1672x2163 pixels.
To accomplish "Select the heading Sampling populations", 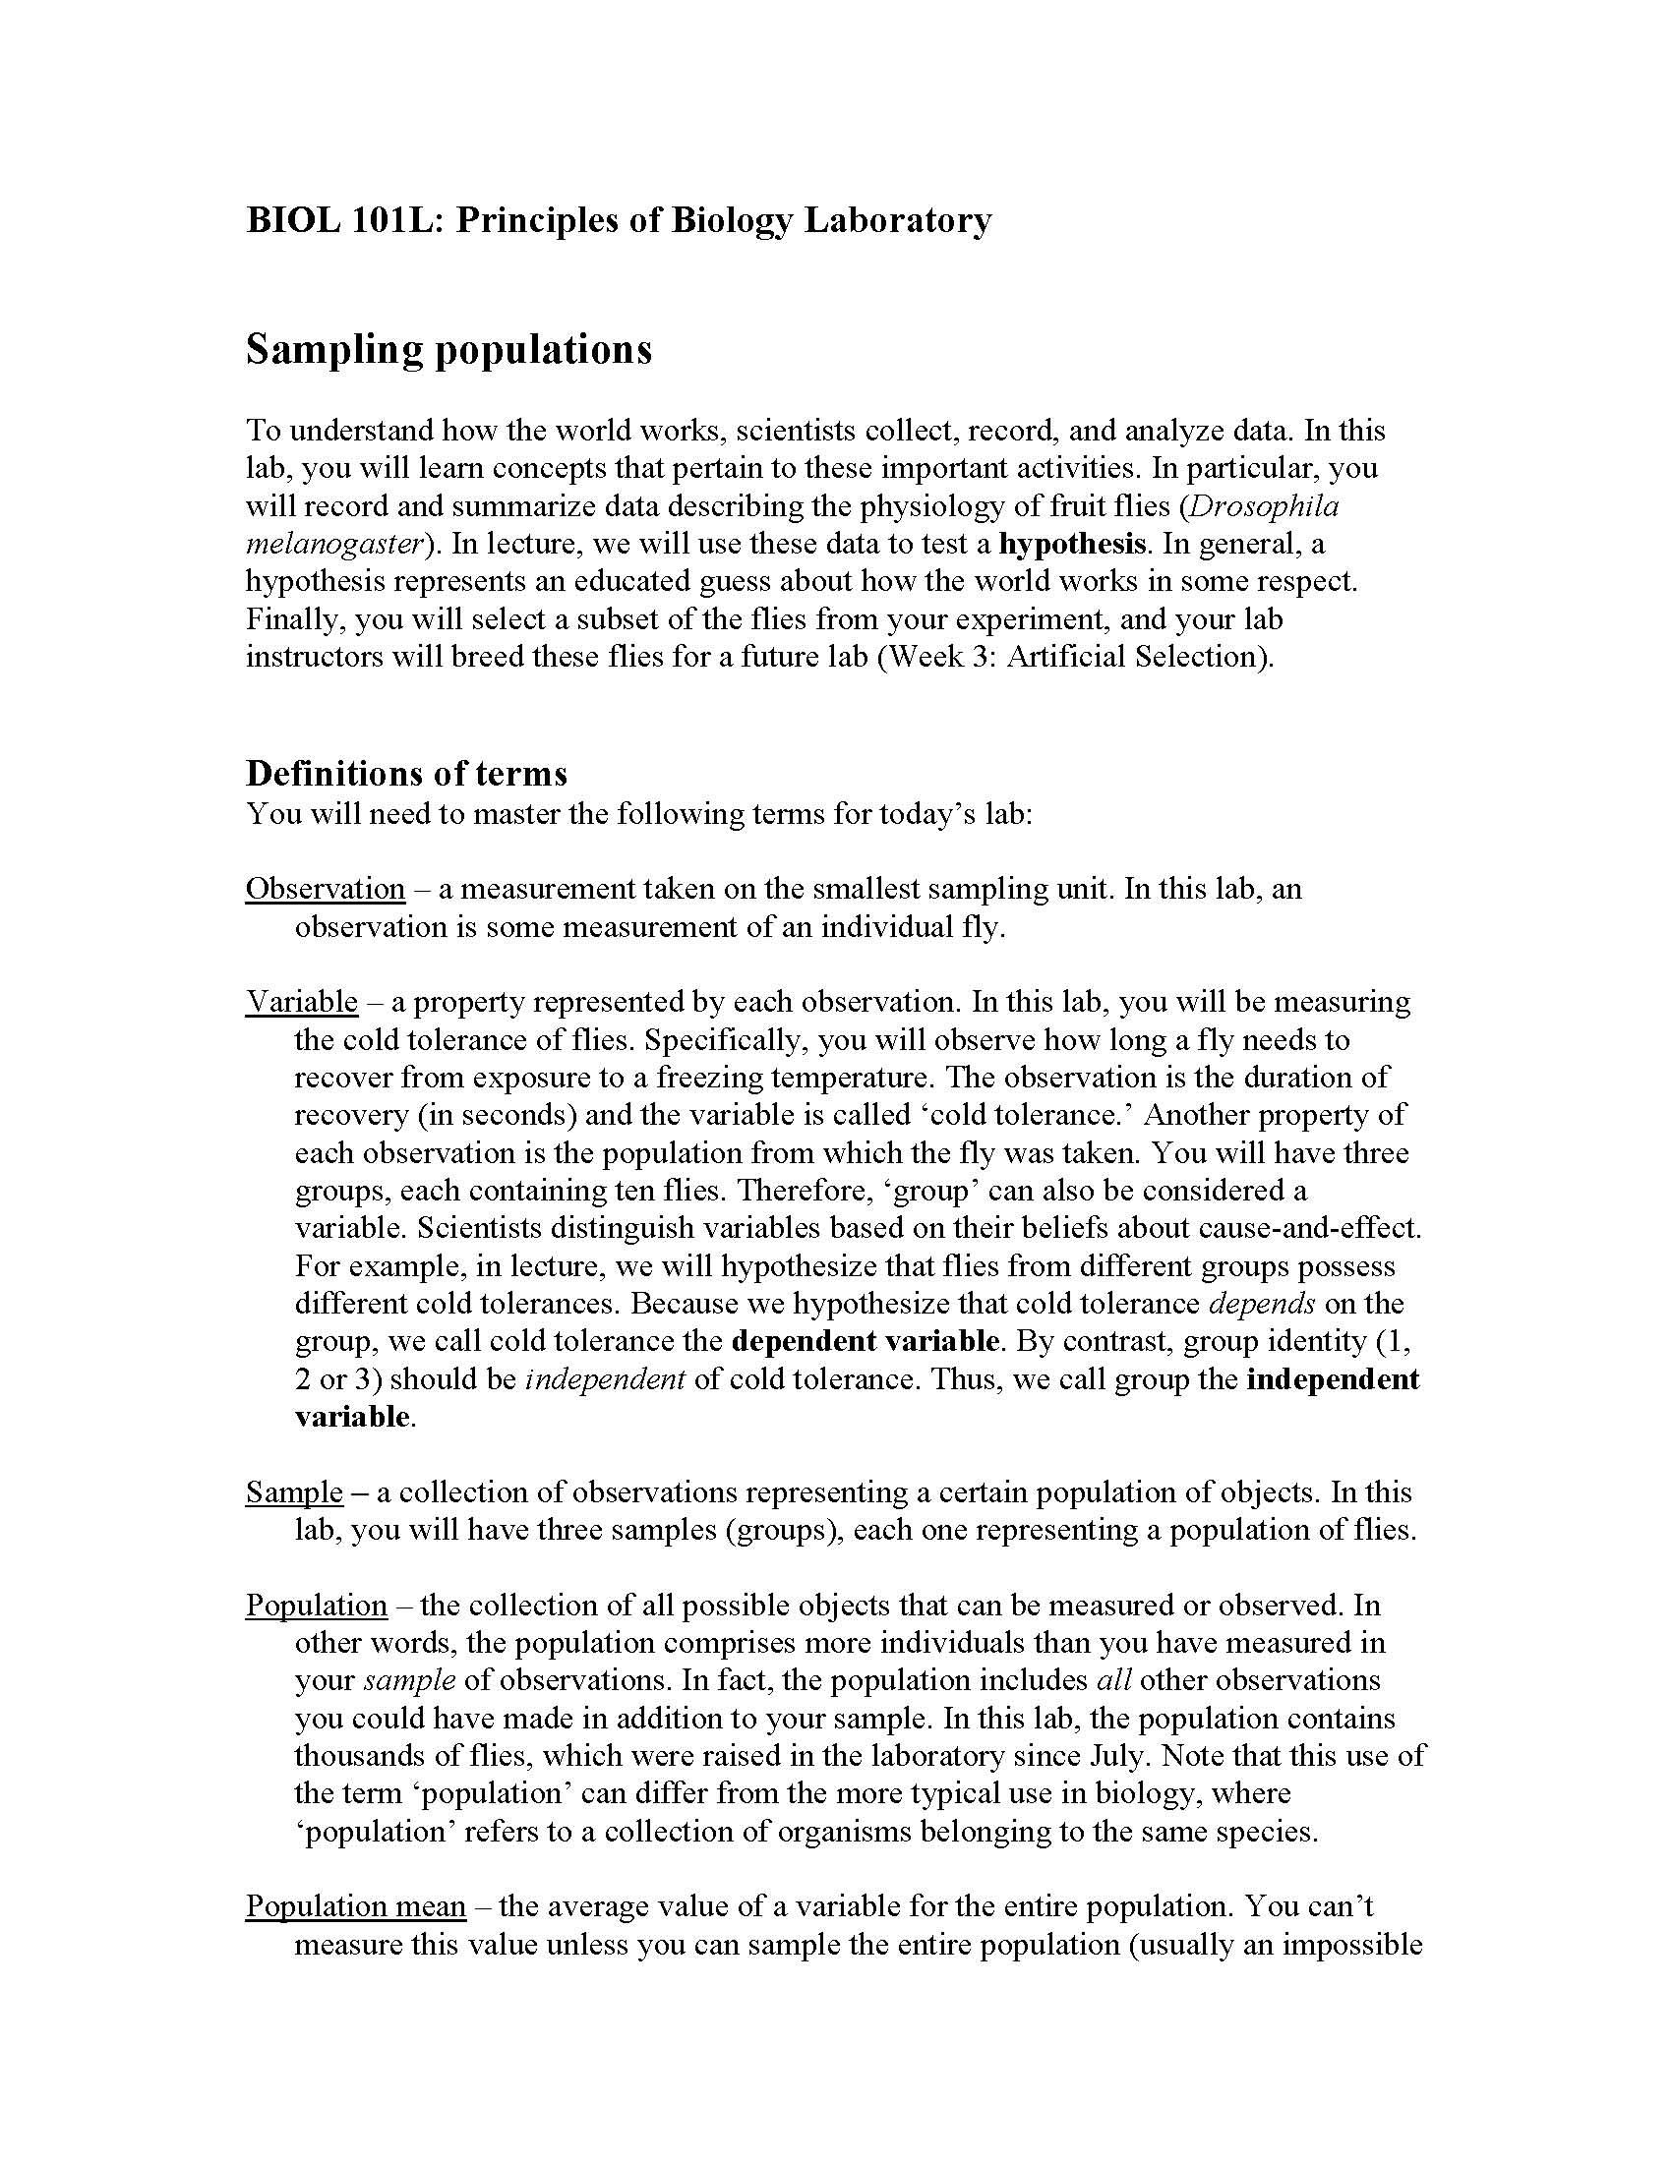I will pyautogui.click(x=448, y=350).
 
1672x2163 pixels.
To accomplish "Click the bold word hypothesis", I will pyautogui.click(x=1073, y=544).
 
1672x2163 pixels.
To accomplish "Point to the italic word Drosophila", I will pyautogui.click(x=1263, y=506).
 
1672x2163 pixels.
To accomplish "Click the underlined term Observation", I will pyautogui.click(x=325, y=889).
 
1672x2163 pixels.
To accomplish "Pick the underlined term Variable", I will pyautogui.click(x=301, y=1001).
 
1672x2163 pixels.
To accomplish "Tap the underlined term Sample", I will pyautogui.click(x=294, y=1491).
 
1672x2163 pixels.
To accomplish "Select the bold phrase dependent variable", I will pyautogui.click(x=865, y=1341).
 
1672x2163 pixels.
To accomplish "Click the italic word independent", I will pyautogui.click(x=604, y=1378).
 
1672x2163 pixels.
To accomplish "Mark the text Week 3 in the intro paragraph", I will pyautogui.click(x=939, y=657).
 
